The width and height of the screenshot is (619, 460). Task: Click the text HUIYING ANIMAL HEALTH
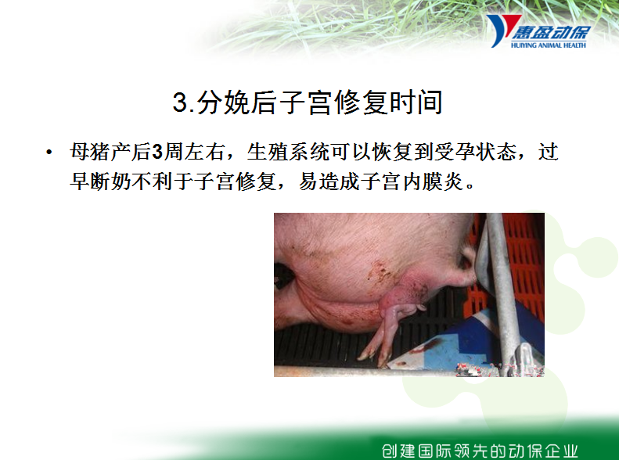pos(549,45)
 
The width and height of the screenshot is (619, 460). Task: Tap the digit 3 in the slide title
pos(180,102)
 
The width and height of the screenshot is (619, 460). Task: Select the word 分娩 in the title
pos(223,102)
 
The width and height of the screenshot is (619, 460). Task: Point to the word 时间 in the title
pos(416,102)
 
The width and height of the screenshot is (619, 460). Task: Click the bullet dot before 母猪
pos(49,152)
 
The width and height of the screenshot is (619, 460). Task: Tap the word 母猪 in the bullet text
pos(90,152)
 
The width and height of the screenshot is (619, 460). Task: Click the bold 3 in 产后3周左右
pos(157,152)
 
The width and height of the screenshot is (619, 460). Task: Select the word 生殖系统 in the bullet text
pos(288,152)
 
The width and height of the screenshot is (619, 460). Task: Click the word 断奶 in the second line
pos(110,181)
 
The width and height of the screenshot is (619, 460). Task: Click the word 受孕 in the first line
pos(455,152)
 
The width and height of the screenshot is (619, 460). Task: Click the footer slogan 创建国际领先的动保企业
pos(480,451)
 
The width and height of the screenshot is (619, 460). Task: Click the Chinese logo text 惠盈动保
pos(552,32)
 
